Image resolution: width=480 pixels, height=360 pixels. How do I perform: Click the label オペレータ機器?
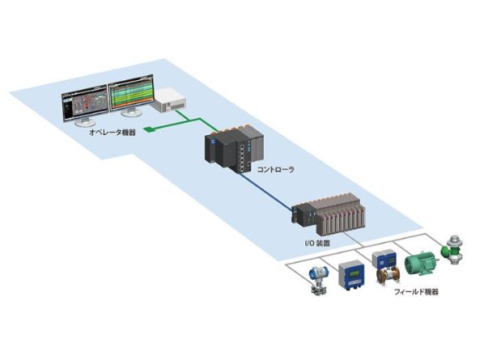pyautogui.click(x=113, y=133)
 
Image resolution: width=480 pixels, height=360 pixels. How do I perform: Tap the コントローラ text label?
pyautogui.click(x=275, y=169)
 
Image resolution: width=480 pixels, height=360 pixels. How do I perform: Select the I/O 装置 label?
pyautogui.click(x=316, y=244)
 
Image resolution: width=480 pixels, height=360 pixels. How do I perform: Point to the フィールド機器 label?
pyautogui.click(x=416, y=292)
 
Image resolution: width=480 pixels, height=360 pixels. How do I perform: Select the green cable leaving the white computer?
pyautogui.click(x=196, y=119)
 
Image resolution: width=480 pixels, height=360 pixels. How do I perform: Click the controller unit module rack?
pyautogui.click(x=234, y=148)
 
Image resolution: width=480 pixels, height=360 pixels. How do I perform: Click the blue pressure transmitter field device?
pyautogui.click(x=319, y=281)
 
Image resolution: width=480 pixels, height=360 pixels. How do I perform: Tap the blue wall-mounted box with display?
pyautogui.click(x=350, y=275)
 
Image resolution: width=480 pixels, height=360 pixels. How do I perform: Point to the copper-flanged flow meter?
pyautogui.click(x=388, y=275)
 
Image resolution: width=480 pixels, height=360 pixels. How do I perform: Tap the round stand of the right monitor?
pyautogui.click(x=132, y=112)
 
